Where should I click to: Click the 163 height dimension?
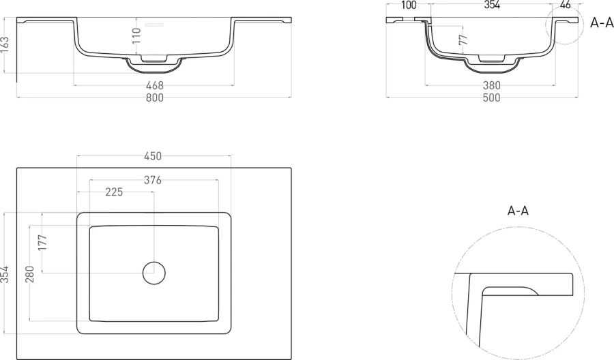click(x=5, y=44)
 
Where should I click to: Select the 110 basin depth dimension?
click(x=136, y=35)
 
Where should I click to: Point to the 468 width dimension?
click(x=155, y=85)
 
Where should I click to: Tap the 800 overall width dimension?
click(x=155, y=97)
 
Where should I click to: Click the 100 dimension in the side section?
click(x=409, y=5)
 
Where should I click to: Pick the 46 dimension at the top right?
click(x=566, y=5)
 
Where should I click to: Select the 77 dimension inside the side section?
click(x=463, y=39)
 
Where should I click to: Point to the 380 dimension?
click(x=491, y=85)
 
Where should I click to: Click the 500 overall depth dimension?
click(x=491, y=97)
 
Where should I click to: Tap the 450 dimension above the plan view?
click(x=153, y=156)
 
